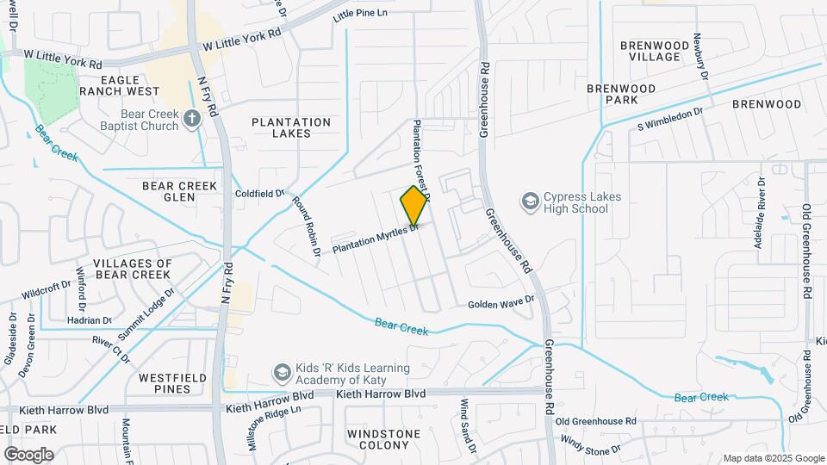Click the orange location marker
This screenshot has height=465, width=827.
[414, 206]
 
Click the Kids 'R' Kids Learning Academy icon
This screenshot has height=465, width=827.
[282, 373]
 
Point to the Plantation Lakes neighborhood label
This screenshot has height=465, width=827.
[291, 127]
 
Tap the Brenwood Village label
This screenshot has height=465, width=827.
[654, 51]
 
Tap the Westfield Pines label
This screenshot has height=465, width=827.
[165, 383]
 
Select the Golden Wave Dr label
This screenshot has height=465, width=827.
[501, 304]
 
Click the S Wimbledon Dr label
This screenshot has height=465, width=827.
[670, 118]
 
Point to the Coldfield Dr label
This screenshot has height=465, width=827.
[259, 194]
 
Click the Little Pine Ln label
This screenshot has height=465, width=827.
[360, 14]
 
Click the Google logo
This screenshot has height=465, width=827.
[28, 454]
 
